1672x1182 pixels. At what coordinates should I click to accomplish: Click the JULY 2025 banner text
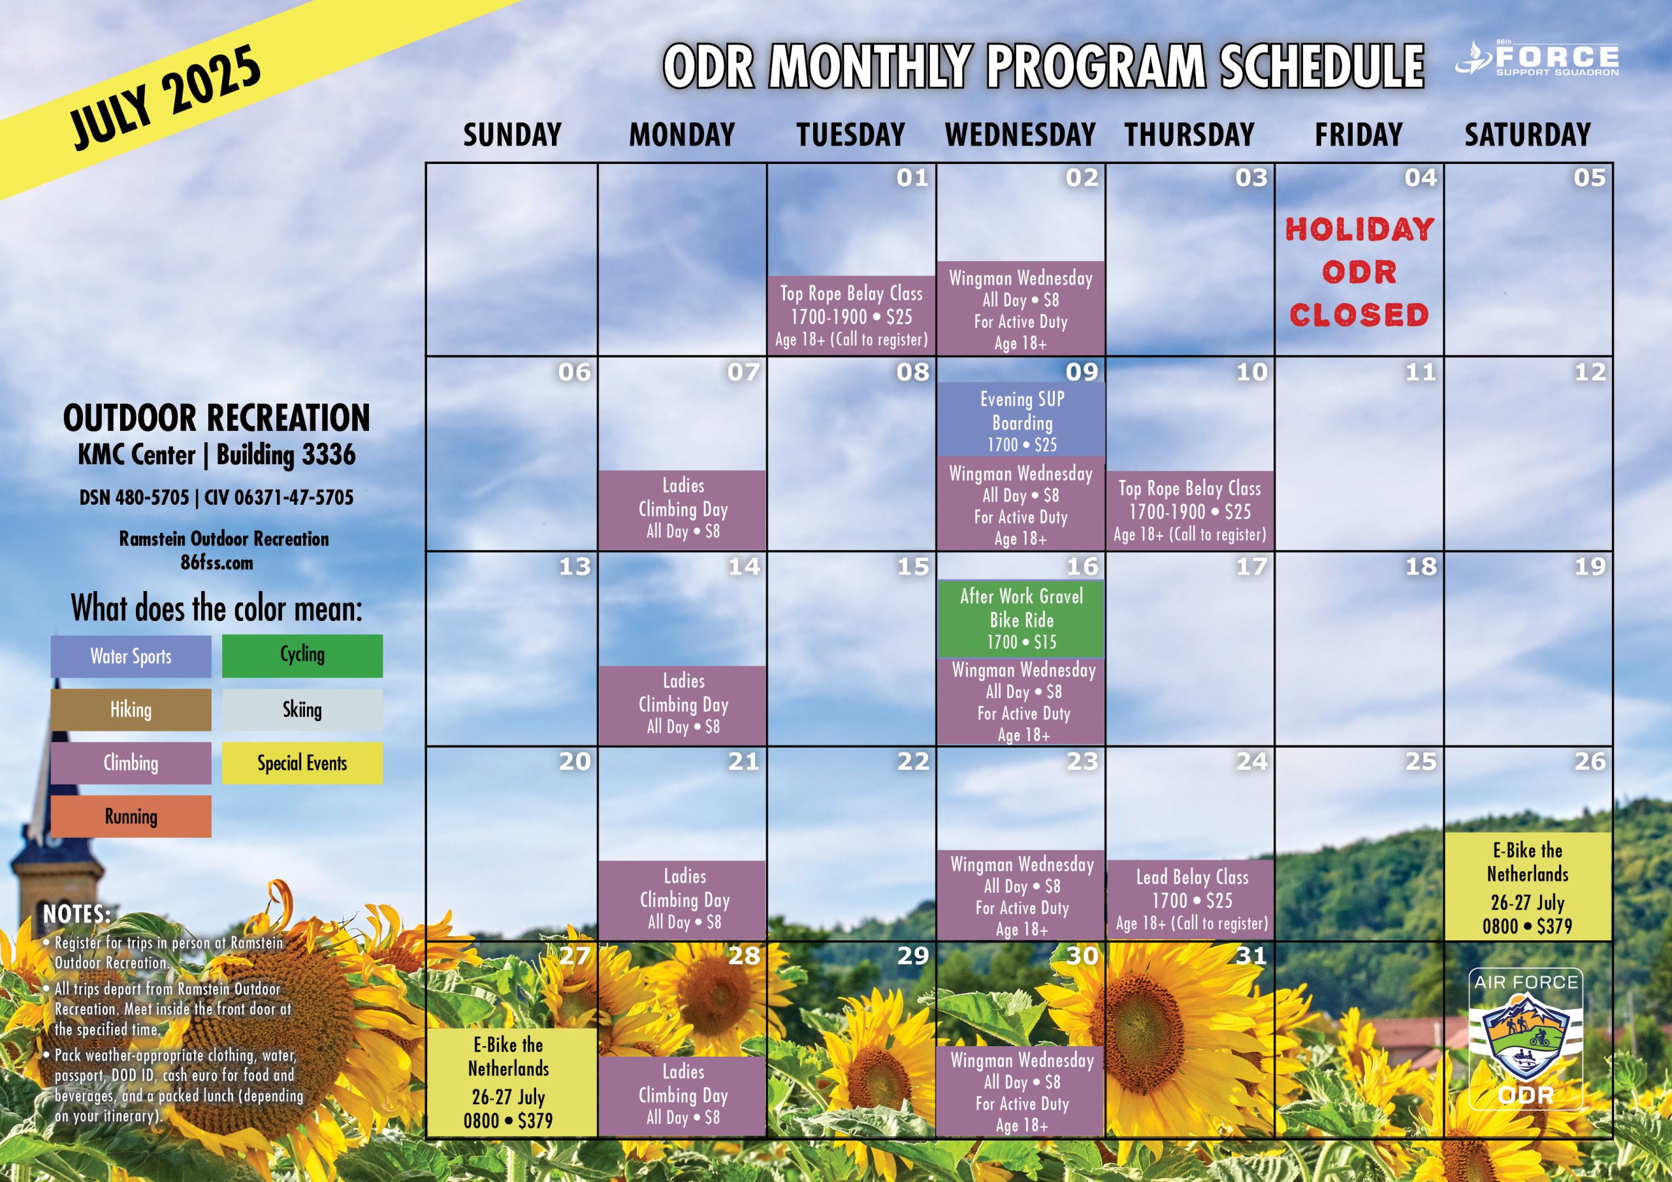(x=165, y=96)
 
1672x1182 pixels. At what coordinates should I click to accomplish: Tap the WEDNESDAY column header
(x=1020, y=135)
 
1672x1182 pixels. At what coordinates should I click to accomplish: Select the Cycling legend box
(x=302, y=656)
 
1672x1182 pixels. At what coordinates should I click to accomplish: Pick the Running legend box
(x=131, y=816)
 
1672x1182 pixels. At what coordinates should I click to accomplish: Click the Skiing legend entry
(x=302, y=709)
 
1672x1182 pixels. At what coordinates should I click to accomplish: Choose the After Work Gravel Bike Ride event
(x=1021, y=618)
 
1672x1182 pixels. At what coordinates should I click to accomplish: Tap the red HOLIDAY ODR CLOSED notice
(x=1359, y=272)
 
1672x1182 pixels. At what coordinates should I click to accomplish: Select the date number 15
(x=913, y=567)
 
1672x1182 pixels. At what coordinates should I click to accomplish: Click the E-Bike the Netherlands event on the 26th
(x=1528, y=886)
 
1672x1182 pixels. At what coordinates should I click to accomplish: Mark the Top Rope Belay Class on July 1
(x=851, y=315)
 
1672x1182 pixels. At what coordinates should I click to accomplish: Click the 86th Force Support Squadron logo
(x=1537, y=58)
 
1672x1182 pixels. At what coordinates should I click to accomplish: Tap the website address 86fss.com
(x=217, y=563)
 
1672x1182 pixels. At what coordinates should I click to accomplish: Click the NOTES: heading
(x=77, y=914)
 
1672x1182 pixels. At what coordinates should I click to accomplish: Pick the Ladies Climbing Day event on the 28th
(x=683, y=1095)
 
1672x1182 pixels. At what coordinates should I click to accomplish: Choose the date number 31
(x=1252, y=955)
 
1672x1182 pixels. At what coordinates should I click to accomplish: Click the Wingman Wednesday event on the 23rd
(x=1021, y=896)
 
